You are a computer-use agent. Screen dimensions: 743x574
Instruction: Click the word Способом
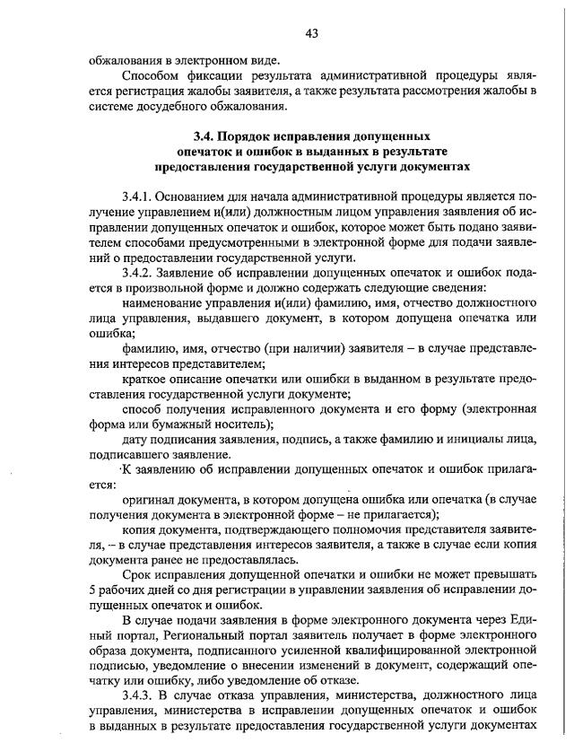[x=152, y=75]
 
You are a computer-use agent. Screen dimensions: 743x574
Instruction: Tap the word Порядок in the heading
[x=248, y=137]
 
